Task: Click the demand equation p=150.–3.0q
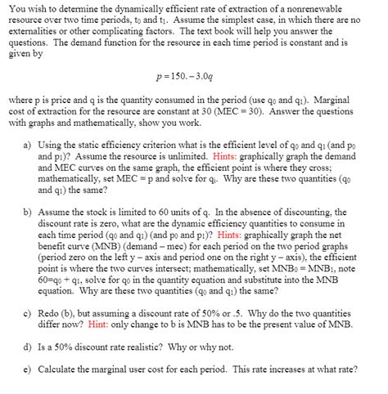[193, 83]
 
